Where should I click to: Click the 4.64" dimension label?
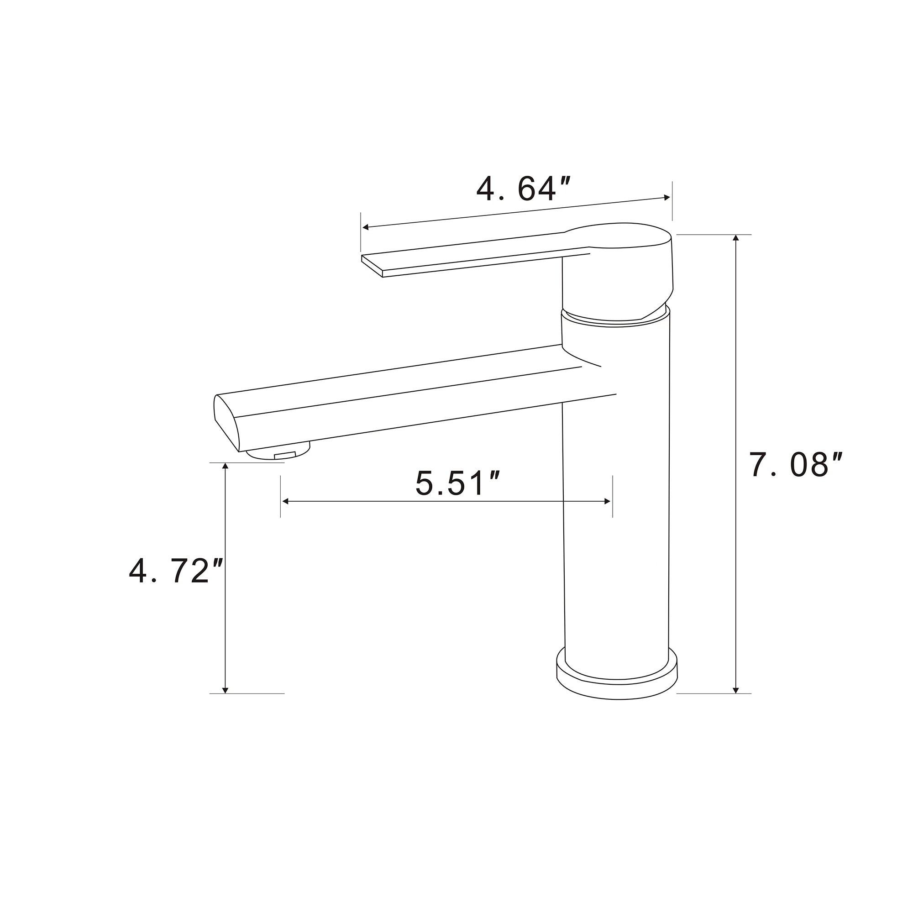coord(524,189)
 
